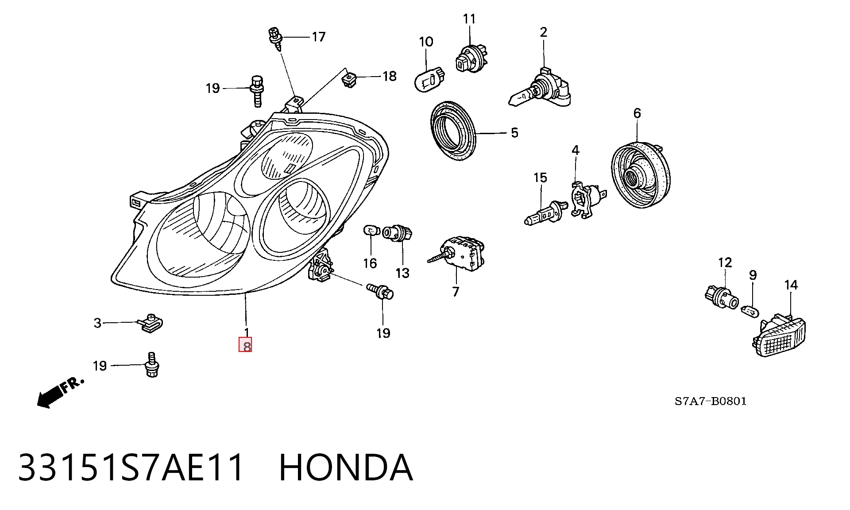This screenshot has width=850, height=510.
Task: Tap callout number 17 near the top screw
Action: click(x=318, y=37)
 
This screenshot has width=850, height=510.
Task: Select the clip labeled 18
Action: click(x=350, y=80)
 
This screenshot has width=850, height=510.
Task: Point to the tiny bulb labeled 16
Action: click(x=371, y=231)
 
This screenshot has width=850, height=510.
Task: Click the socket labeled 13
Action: click(x=398, y=233)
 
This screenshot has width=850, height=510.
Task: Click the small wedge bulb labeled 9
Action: click(x=750, y=310)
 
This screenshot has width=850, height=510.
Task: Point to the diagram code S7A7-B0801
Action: click(x=711, y=401)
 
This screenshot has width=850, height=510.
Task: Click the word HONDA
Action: click(x=346, y=467)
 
